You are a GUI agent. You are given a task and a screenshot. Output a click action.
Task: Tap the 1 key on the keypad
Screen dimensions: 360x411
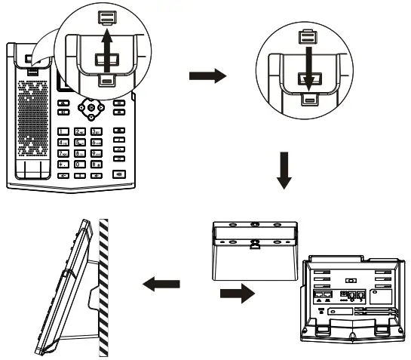(64, 132)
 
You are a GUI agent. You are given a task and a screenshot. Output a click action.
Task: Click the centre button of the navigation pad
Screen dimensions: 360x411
(91, 108)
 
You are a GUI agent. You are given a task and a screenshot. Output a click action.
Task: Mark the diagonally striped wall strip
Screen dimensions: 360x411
(104, 287)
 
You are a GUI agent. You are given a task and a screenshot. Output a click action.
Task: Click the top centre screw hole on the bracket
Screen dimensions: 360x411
(256, 224)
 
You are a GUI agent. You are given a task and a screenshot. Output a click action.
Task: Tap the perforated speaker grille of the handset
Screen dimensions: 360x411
(32, 113)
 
